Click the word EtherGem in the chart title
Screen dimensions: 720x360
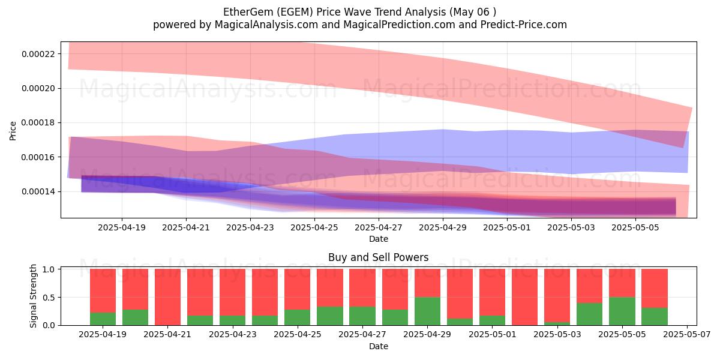tap(247, 12)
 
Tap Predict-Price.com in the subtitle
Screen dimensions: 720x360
tap(524, 25)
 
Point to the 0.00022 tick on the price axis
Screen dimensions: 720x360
tap(38, 53)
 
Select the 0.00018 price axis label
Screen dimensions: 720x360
tap(38, 123)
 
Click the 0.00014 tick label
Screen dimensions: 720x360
tap(38, 192)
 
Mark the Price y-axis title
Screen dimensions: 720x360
tap(13, 131)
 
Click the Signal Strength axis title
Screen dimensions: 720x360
tap(33, 296)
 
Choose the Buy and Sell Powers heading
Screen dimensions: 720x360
tap(379, 257)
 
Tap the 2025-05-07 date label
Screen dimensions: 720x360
tap(687, 335)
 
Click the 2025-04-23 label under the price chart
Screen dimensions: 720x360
tap(250, 228)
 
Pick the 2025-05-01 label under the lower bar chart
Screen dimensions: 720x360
tap(493, 335)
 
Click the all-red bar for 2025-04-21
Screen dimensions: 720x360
tap(167, 297)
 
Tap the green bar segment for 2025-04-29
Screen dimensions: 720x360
tap(427, 311)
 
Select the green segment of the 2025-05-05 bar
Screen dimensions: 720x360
tap(622, 311)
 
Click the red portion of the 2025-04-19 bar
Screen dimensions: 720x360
tap(103, 290)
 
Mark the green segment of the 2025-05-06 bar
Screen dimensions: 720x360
tap(655, 317)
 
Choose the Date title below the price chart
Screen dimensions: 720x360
tap(379, 239)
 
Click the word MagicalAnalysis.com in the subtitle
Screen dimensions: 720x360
tap(266, 25)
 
